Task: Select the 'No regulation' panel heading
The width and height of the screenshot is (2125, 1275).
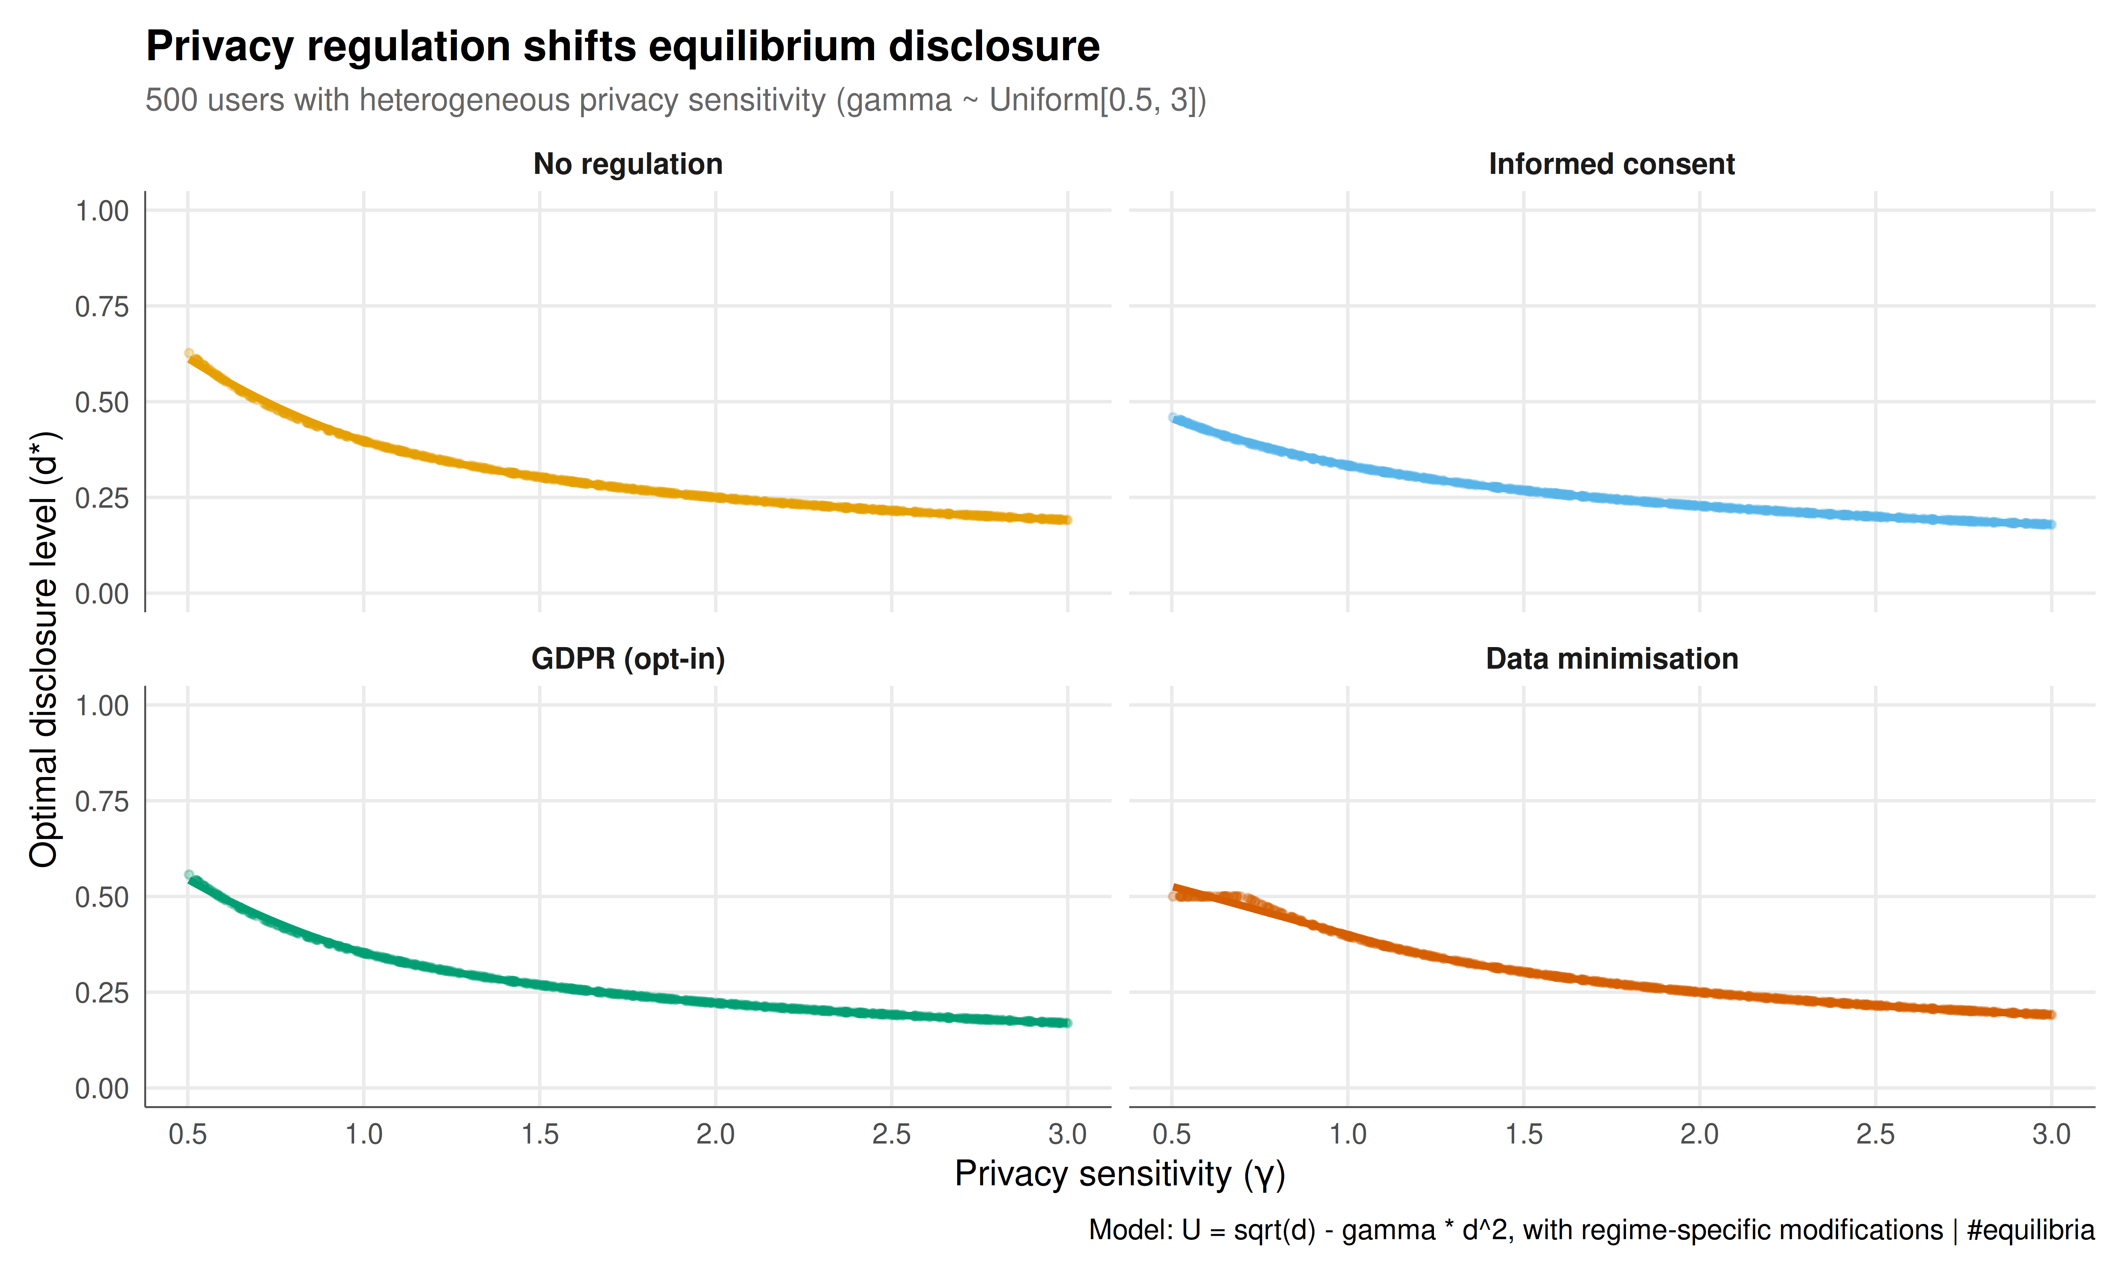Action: (x=628, y=164)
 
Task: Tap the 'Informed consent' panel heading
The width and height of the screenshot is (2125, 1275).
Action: (x=1611, y=164)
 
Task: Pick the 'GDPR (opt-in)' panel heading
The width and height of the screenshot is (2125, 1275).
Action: (x=628, y=659)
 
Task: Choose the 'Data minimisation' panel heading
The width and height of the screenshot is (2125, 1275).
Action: (x=1611, y=659)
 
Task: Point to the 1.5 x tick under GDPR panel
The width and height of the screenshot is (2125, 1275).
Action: (x=539, y=1135)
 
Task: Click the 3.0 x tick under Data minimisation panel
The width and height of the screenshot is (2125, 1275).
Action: (x=2051, y=1135)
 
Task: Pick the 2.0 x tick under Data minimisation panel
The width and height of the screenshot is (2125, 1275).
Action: (x=1699, y=1135)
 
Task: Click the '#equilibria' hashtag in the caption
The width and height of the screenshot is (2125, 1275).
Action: (x=2030, y=1230)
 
